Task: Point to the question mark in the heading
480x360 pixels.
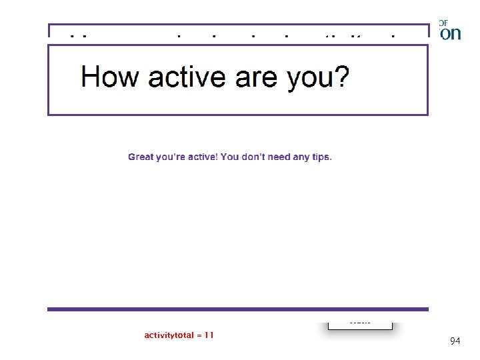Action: tap(340, 77)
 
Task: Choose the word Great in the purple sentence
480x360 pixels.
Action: tap(141, 157)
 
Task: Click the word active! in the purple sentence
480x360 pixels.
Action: tap(199, 157)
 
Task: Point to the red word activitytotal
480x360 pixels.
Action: tap(170, 335)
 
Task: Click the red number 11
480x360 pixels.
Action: tap(209, 335)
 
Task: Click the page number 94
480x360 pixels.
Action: tap(455, 341)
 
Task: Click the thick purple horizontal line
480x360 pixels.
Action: tap(237, 309)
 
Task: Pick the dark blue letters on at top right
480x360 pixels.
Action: tap(451, 34)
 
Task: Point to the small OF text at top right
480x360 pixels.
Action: tap(443, 23)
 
